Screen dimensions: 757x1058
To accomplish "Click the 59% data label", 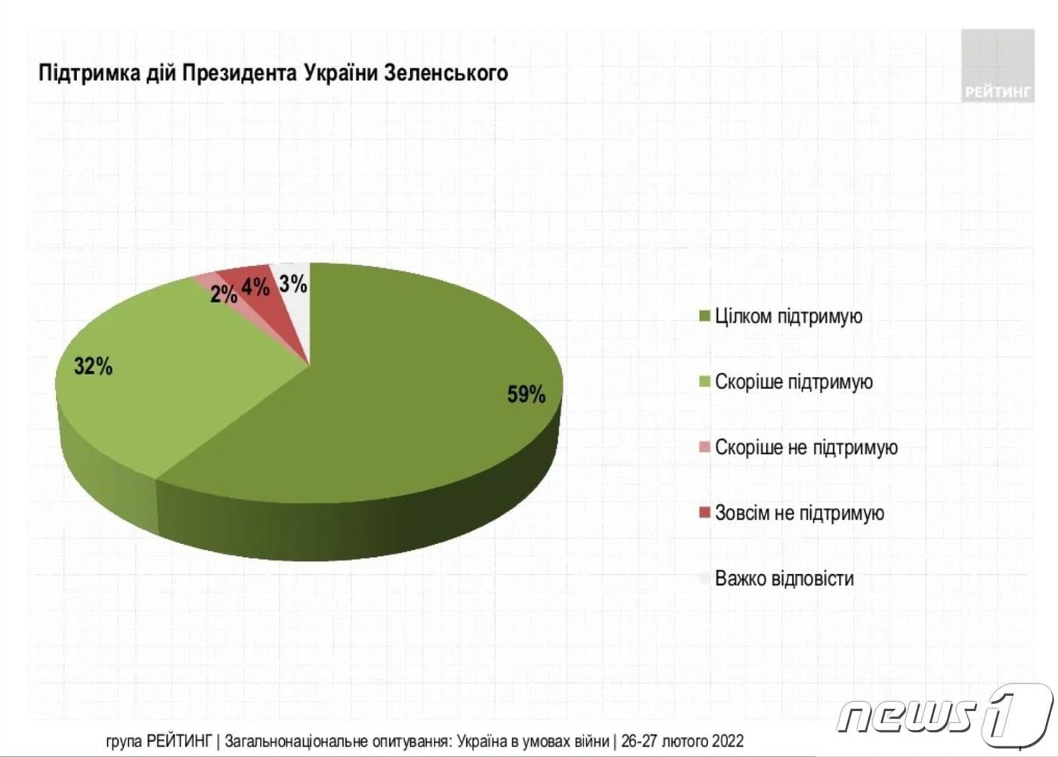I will point(526,394).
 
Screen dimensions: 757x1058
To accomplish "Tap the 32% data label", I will point(93,366).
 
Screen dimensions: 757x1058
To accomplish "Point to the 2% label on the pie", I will point(223,294).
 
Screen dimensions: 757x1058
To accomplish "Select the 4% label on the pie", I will point(255,287).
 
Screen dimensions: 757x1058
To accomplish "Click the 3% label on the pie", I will point(293,284).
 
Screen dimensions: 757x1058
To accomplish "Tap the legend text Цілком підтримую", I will point(788,316).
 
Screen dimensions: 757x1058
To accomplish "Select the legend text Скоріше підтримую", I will point(793,382).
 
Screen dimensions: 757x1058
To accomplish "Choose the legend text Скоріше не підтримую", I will point(806,447).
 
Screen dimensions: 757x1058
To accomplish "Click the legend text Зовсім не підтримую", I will point(800,513).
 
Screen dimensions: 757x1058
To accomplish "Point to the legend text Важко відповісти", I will point(784,579).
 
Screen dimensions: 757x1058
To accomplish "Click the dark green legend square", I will point(704,316).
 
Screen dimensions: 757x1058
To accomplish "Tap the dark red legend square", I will point(704,513).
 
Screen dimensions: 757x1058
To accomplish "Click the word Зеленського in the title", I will point(446,73).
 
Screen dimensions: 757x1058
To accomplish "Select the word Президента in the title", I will point(240,73).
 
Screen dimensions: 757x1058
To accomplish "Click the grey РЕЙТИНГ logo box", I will point(998,66).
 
